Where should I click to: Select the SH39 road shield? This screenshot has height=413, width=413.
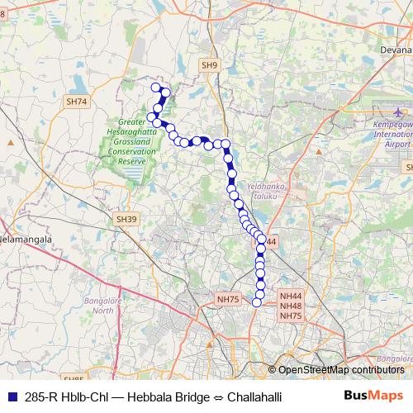point(124,219)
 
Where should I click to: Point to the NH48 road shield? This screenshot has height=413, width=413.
point(291,306)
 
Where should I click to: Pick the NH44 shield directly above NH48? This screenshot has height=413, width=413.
point(291,296)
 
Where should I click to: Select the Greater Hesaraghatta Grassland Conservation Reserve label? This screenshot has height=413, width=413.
point(126,142)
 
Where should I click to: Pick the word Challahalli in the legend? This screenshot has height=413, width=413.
point(253,397)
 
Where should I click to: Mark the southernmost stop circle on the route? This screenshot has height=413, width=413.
point(257,302)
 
